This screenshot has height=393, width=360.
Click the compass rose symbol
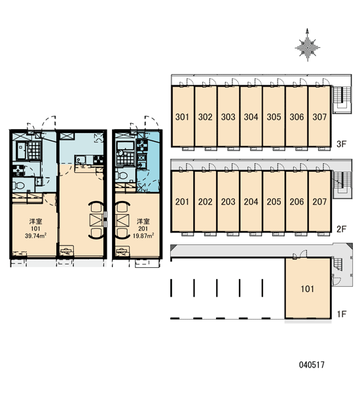[307, 46]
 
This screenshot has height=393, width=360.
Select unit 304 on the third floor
[251, 117]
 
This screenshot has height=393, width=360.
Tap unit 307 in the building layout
[319, 117]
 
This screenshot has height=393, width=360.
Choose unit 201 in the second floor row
[182, 201]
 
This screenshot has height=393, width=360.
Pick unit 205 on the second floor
[274, 201]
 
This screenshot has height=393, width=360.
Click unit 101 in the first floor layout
[308, 288]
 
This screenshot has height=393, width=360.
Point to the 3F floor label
[341, 144]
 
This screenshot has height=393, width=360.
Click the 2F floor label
[341, 229]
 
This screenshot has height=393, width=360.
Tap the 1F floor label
[342, 314]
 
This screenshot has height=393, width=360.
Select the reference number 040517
[312, 365]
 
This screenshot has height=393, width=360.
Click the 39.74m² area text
[36, 236]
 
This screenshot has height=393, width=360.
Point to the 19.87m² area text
[143, 236]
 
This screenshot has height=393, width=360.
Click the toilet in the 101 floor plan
[19, 185]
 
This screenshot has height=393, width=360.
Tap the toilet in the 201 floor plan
[122, 175]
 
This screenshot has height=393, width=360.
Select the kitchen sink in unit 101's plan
[81, 160]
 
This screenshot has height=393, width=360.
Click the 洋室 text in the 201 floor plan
[143, 221]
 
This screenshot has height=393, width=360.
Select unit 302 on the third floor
[206, 117]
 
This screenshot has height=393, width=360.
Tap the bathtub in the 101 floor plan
[21, 151]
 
